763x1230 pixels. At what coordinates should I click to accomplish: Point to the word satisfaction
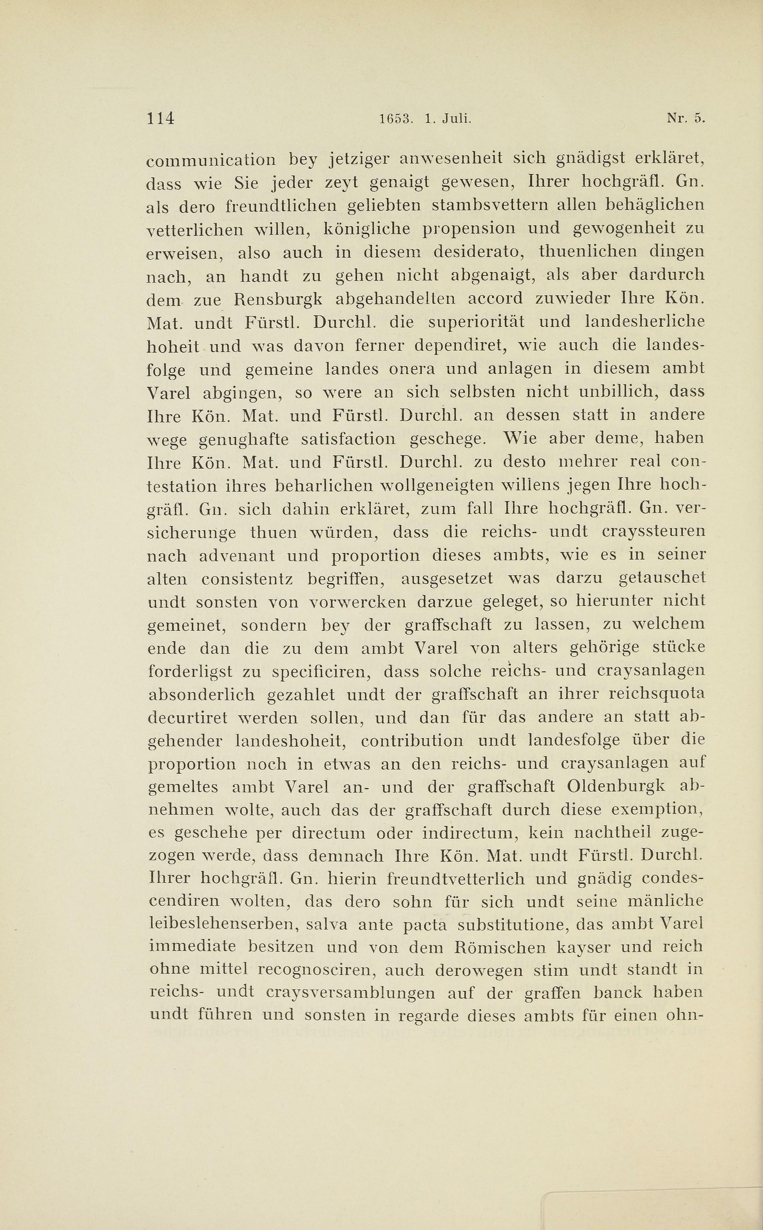point(348,439)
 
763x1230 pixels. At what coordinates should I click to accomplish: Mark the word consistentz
point(247,579)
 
